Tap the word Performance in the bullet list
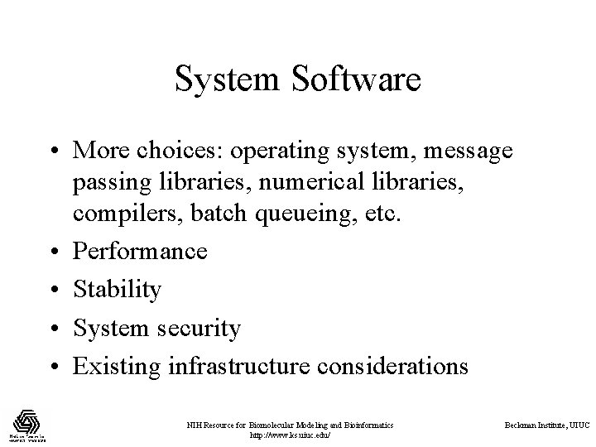tap(140, 251)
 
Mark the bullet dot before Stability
tap(52, 290)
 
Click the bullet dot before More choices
tap(52, 152)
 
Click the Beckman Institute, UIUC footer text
tap(547, 425)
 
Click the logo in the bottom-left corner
tap(29, 424)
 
